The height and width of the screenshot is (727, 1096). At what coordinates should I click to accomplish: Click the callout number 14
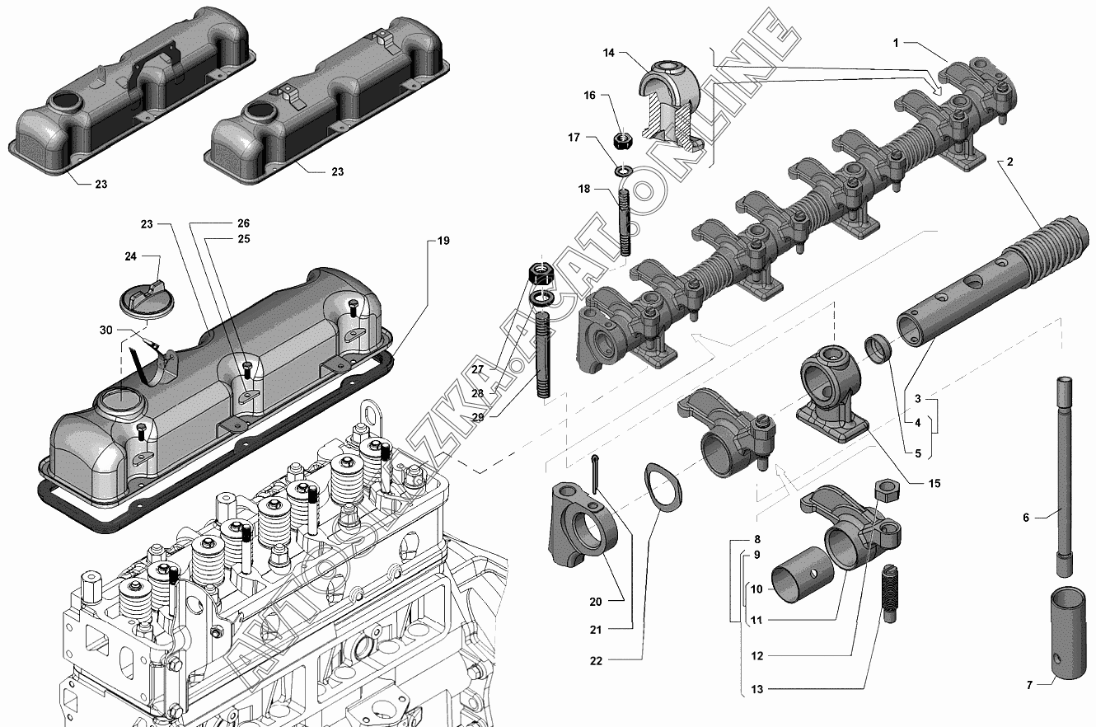609,53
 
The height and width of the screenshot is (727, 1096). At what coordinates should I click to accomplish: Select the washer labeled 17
623,171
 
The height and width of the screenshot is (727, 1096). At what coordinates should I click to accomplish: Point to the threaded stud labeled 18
624,222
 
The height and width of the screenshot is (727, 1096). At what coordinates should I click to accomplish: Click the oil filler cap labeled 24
140,302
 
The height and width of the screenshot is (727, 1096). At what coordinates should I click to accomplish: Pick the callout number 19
443,241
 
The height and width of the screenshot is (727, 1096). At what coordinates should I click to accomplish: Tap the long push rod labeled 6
1064,476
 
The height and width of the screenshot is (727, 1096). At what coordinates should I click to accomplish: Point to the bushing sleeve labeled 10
803,575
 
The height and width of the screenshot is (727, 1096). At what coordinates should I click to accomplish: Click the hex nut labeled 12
887,490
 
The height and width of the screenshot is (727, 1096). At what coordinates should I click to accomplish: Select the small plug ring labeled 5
878,349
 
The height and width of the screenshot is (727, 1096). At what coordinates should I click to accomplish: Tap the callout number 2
1010,162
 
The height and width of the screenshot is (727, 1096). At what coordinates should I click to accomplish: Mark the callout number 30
106,331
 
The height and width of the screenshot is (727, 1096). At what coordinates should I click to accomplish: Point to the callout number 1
896,43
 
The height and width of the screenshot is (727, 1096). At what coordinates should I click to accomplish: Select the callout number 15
934,484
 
